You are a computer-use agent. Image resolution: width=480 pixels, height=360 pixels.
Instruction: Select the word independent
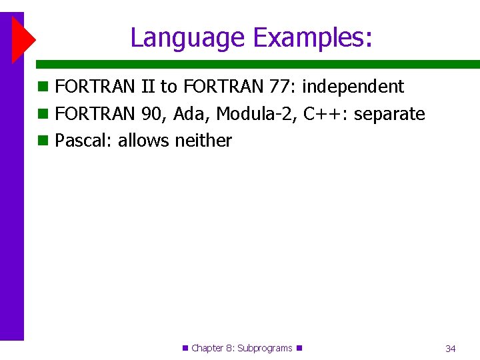[x=353, y=87]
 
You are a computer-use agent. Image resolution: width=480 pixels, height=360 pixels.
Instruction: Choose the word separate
[x=389, y=114]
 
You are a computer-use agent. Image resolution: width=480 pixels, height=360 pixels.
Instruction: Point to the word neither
[x=203, y=141]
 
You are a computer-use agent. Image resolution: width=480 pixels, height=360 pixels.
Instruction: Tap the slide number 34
[x=451, y=349]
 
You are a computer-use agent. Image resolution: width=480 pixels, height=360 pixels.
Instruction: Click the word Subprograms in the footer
[x=265, y=348]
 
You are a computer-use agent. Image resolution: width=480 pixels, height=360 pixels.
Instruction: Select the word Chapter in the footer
[x=208, y=348]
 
